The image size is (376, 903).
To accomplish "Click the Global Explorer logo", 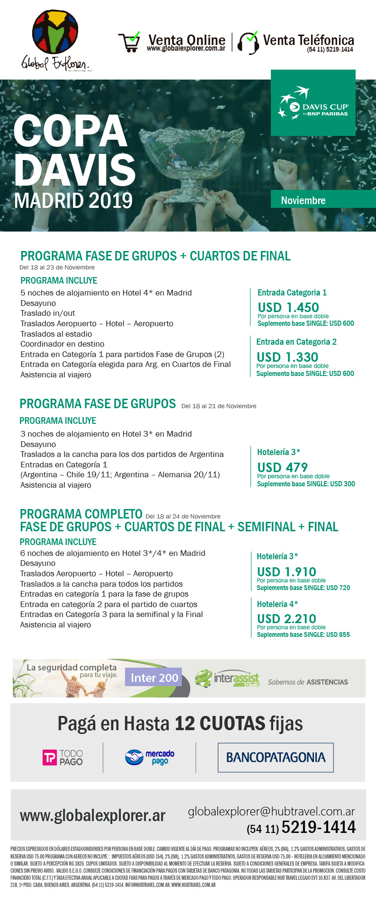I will tap(55, 41).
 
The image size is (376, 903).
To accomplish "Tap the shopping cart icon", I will tap(129, 42).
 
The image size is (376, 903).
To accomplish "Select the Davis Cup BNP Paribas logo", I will tap(313, 102).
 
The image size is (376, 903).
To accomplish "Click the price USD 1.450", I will tap(288, 307).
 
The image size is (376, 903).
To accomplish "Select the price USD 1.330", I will tap(287, 357).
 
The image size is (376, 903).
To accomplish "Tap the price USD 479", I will tap(282, 467).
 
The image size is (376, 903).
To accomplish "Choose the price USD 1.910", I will tap(286, 572).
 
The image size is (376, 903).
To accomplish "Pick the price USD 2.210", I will tap(286, 618).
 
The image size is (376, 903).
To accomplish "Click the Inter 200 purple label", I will tap(154, 678).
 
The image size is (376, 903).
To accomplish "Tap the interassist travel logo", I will tap(228, 679).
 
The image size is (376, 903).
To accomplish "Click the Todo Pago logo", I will tap(63, 758).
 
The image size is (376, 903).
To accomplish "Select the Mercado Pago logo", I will tap(150, 757).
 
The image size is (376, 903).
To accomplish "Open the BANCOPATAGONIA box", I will tap(276, 758).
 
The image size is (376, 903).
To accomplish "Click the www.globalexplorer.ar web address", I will tap(92, 815).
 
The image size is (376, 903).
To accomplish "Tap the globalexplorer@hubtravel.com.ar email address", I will tap(271, 811).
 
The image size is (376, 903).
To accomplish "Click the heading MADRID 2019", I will tap(73, 200).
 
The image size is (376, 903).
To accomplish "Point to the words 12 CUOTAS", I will tap(220, 724).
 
